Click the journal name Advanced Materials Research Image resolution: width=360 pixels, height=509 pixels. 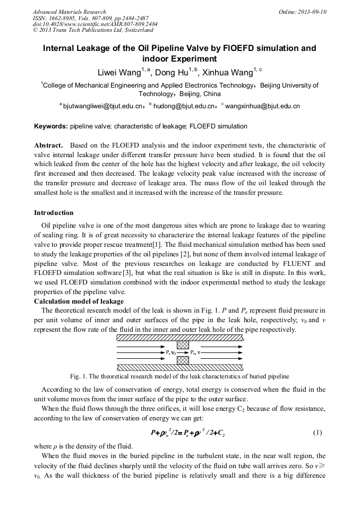click(69, 12)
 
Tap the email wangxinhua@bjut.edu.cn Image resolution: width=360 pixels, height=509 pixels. click(263, 106)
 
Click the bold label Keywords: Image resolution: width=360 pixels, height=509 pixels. click(51, 126)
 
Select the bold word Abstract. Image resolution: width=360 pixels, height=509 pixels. click(49, 145)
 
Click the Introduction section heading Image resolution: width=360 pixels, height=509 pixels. click(54, 213)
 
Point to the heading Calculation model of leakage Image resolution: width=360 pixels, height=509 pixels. click(79, 301)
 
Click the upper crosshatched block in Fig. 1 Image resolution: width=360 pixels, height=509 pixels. click(183, 344)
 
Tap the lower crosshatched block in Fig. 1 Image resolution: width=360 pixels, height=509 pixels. click(183, 360)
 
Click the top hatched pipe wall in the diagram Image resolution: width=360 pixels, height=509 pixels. click(179, 337)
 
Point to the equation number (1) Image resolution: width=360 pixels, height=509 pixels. click(317, 433)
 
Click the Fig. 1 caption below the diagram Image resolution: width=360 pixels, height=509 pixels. click(176, 376)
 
